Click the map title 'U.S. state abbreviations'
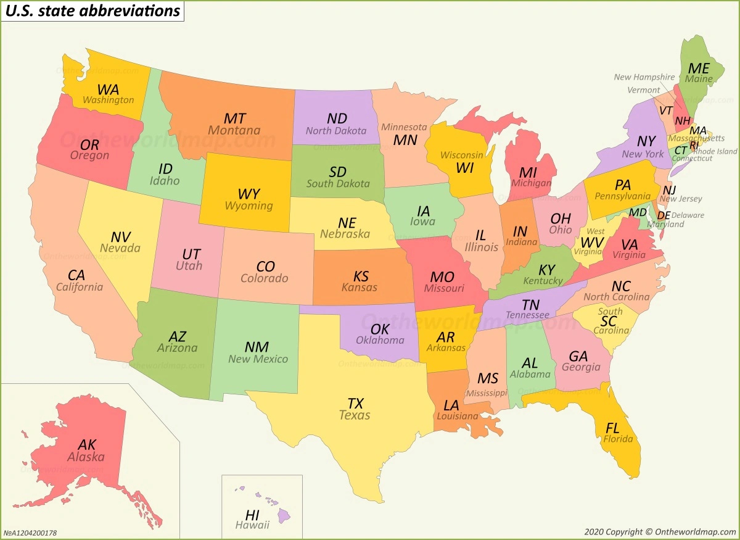tap(92, 11)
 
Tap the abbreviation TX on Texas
tap(355, 404)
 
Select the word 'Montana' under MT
tap(234, 131)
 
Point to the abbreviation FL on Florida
tap(612, 428)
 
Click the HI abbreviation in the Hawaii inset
tap(252, 515)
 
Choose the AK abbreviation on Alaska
tap(87, 444)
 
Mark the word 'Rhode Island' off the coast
tap(715, 151)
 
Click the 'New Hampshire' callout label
tap(644, 77)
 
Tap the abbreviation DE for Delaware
tap(664, 215)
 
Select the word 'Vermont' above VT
tap(643, 90)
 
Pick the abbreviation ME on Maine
tap(699, 69)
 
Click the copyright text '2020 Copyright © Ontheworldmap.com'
tap(659, 531)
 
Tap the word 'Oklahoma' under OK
tap(380, 340)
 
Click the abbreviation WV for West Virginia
tap(592, 242)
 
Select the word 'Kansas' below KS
tap(360, 288)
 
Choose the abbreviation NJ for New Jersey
tap(669, 189)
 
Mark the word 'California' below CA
tap(80, 287)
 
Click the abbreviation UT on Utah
tap(191, 254)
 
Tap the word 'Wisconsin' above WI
tap(461, 155)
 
